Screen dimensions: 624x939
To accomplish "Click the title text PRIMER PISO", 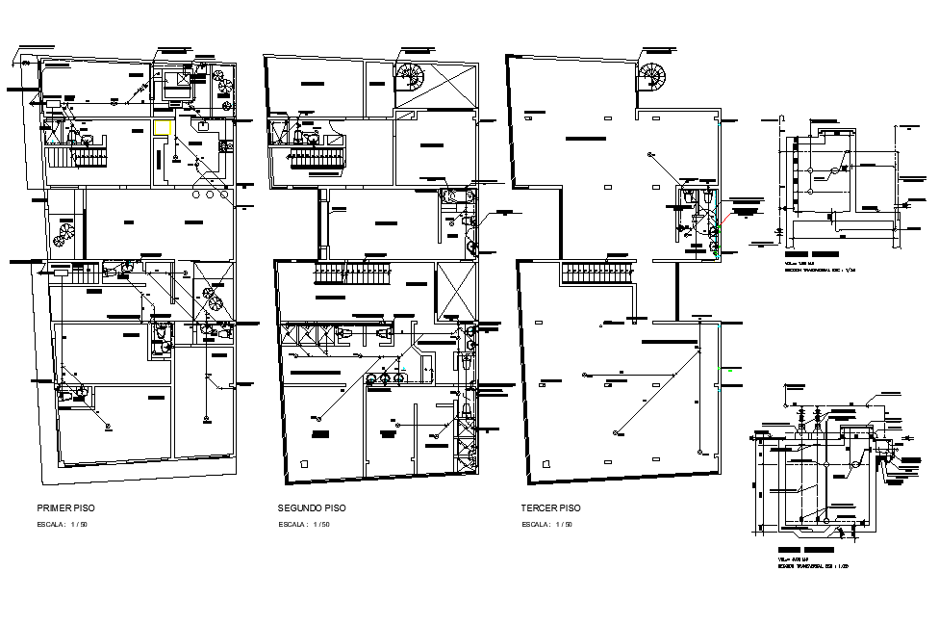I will [65, 507].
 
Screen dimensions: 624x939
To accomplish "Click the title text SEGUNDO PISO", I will [312, 507].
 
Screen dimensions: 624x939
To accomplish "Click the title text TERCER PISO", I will [551, 507].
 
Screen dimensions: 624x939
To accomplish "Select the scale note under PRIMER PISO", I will [63, 525].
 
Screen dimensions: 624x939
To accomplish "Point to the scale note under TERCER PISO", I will [547, 525].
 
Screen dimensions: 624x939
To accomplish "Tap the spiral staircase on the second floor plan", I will [410, 75].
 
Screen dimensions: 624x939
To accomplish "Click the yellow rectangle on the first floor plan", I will [170, 126].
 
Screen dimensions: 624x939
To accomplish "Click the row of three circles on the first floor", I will [209, 195].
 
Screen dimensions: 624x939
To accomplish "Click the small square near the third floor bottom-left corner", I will [547, 463].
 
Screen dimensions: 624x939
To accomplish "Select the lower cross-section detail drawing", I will [827, 467].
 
